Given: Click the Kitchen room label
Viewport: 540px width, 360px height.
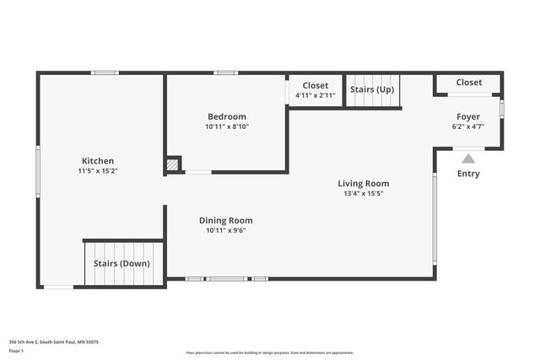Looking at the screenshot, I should tap(97, 161).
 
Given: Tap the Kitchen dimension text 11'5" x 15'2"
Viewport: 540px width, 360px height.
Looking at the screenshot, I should tap(97, 171).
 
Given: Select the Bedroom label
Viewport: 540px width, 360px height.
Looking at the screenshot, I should tap(227, 116).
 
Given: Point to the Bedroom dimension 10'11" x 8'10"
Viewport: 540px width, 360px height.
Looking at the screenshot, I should tap(227, 126).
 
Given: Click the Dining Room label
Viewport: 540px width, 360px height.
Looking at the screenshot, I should tap(225, 220).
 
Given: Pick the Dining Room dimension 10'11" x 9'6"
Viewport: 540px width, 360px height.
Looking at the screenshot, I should tap(225, 230).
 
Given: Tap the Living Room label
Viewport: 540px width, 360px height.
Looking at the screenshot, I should tap(363, 183).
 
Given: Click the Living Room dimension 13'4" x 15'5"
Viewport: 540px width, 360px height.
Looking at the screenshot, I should tap(363, 193).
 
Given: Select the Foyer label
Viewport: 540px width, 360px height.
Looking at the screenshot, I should tap(468, 116).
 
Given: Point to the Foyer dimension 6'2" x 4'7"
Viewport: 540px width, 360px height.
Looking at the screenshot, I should tap(468, 126).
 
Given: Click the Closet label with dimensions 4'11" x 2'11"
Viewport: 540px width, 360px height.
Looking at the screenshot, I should tap(316, 85).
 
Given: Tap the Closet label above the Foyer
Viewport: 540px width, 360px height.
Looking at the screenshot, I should tap(469, 82).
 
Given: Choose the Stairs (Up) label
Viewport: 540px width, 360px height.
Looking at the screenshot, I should tap(371, 89).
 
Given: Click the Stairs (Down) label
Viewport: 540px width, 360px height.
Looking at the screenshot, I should tap(122, 263).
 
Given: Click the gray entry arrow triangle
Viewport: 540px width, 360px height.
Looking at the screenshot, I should tap(468, 158).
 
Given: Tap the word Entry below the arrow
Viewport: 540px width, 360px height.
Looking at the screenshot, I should tap(468, 174).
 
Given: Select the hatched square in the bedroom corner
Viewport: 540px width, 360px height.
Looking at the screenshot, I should tap(173, 165).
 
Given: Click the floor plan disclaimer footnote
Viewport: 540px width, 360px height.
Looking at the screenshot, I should tap(270, 352).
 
